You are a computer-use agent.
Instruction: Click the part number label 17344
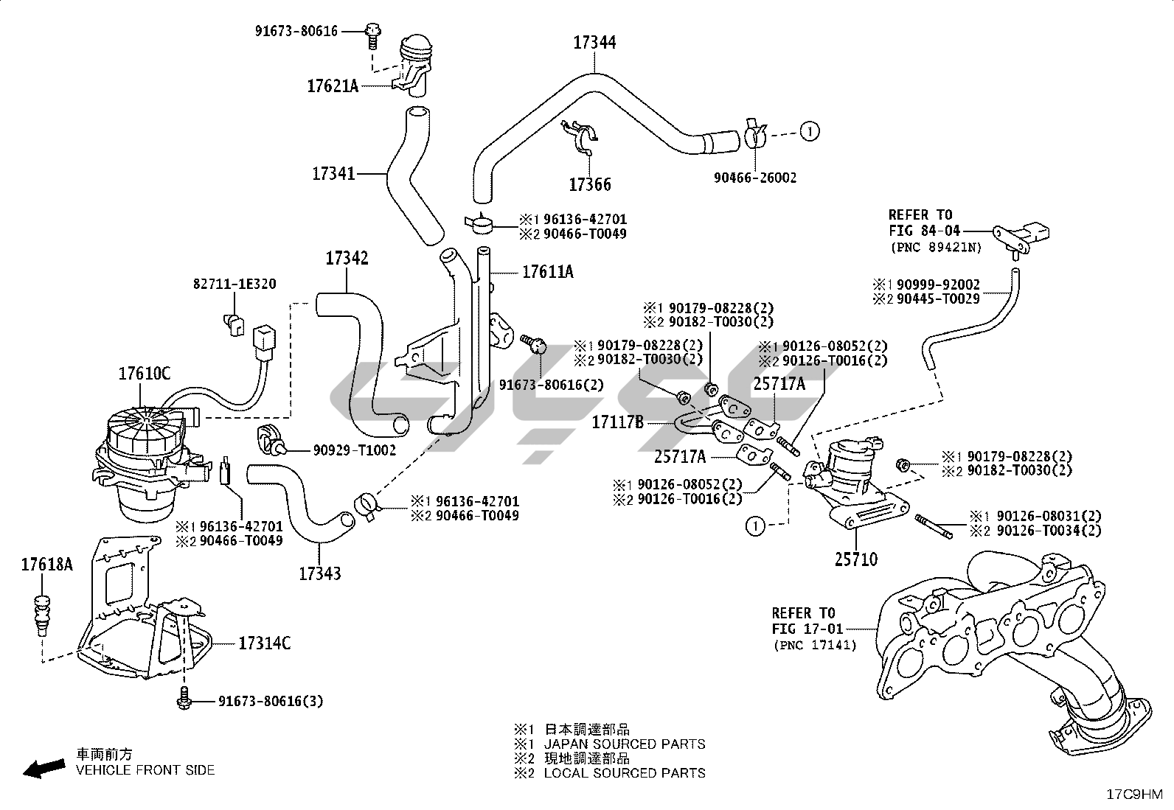tap(594, 43)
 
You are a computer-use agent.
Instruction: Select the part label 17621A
tap(333, 86)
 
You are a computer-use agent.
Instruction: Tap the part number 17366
tap(590, 184)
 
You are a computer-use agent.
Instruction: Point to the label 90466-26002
tap(755, 178)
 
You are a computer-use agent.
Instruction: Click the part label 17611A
tap(547, 272)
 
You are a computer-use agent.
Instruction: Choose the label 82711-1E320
tap(235, 284)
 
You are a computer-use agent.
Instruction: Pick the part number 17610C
tap(145, 374)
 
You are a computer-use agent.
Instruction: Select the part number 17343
tap(320, 573)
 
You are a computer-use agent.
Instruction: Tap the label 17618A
tap(47, 565)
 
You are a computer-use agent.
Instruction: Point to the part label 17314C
tap(264, 643)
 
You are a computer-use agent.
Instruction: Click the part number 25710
tap(856, 559)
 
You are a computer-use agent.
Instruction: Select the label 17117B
tap(617, 422)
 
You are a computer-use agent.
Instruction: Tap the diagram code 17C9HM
tap(1134, 795)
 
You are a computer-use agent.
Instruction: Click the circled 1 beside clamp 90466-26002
tap(809, 132)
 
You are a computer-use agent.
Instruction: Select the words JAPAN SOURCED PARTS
tap(624, 744)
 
